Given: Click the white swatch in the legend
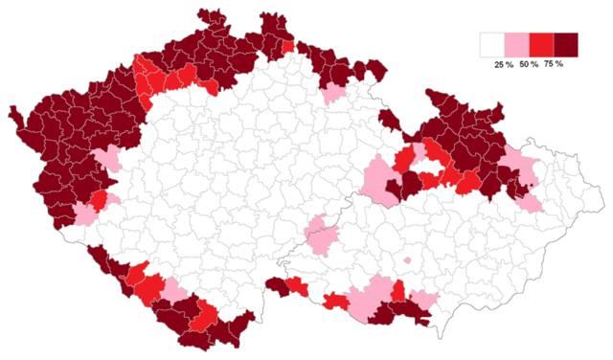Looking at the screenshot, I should [492, 45].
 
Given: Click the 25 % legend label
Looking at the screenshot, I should [503, 64].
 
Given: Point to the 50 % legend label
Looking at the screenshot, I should [528, 64].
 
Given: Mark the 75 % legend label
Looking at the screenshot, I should [553, 64].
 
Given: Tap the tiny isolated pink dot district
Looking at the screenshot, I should [407, 259].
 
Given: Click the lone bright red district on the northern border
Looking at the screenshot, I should [288, 46].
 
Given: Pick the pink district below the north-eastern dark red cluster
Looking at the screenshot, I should [333, 93].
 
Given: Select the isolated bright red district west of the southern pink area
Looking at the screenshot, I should [335, 302].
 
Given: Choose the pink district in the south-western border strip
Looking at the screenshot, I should [174, 290].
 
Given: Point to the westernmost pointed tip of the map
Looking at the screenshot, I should [12, 112].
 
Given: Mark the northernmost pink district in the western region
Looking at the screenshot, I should [106, 158].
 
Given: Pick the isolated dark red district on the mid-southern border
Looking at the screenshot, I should [277, 283].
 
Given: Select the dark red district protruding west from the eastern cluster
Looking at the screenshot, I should [389, 120].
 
